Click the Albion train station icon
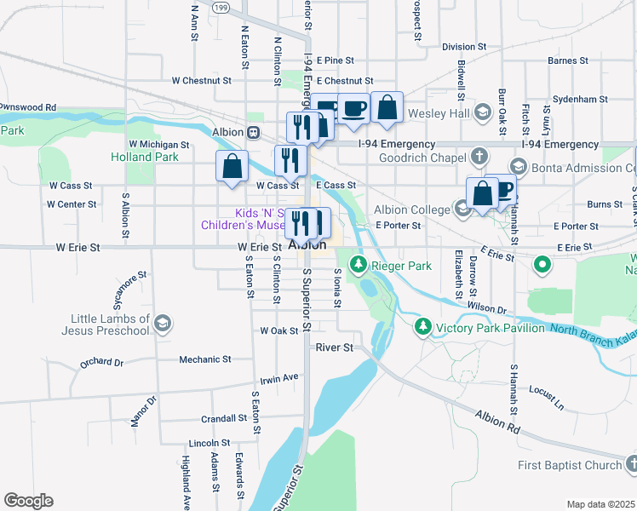click(253, 133)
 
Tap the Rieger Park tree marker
click(359, 265)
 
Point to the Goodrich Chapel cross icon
click(479, 157)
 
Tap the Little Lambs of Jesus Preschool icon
click(163, 324)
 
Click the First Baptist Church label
click(570, 465)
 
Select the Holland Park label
click(144, 157)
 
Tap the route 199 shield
click(221, 7)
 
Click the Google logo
click(28, 501)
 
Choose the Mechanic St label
click(204, 359)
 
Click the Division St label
click(464, 47)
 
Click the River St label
click(334, 347)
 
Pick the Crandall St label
click(224, 418)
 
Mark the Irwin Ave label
click(279, 376)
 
